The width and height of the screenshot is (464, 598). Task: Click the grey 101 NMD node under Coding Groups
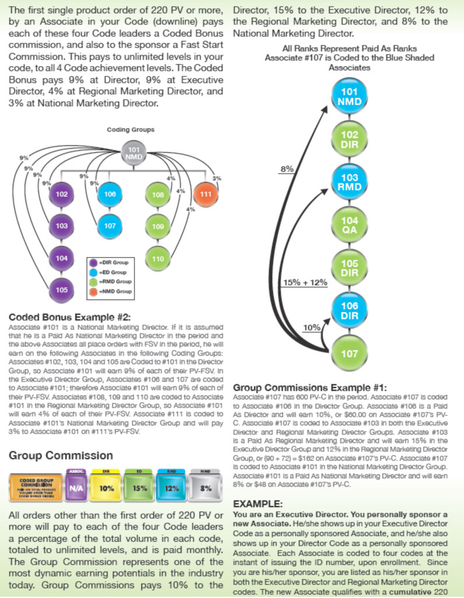[x=134, y=153]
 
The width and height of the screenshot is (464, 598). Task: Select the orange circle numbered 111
[x=205, y=194]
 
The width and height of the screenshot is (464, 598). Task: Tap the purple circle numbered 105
[x=62, y=290]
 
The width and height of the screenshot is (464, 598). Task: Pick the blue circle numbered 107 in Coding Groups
[x=110, y=226]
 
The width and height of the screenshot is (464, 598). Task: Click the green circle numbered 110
[x=158, y=259]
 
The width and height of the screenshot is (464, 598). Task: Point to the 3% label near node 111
[x=217, y=178]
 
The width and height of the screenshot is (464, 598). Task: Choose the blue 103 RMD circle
[x=350, y=182]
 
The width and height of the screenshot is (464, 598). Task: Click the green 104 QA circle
[x=350, y=225]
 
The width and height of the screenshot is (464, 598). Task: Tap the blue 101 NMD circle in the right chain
[x=350, y=96]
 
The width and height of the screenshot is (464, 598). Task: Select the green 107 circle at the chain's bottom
[x=350, y=354]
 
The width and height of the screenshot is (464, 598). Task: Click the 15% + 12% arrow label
[x=305, y=282]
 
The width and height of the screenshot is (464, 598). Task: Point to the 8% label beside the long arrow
[x=287, y=169]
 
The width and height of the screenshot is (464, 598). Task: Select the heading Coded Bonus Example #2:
[x=70, y=317]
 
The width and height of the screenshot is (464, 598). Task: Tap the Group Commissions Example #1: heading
[x=310, y=388]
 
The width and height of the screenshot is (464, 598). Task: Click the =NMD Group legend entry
[x=111, y=291]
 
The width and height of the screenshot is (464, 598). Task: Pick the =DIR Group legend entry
[x=109, y=263]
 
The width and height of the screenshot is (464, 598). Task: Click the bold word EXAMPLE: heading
[x=258, y=504]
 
